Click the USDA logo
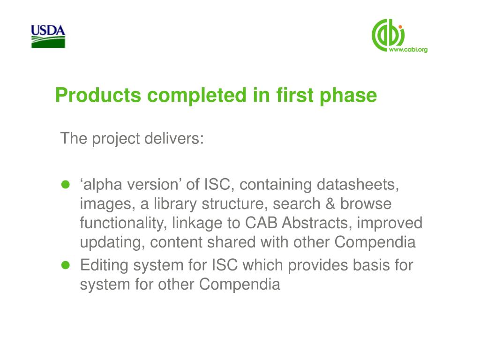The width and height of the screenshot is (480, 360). coord(48,37)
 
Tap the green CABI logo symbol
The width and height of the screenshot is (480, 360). coord(388,35)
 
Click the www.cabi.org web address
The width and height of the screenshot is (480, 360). coord(408,50)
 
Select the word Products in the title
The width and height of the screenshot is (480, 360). coord(98,95)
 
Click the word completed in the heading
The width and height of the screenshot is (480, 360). coord(197,96)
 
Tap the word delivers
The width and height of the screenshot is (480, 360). coord(174,138)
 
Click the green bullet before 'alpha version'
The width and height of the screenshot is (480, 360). coord(66,184)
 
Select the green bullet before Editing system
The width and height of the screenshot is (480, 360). coord(66,265)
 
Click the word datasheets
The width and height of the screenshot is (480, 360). coord(358,185)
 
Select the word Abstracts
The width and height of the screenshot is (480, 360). coord(317,223)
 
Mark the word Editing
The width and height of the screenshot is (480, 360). coord(104,266)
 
